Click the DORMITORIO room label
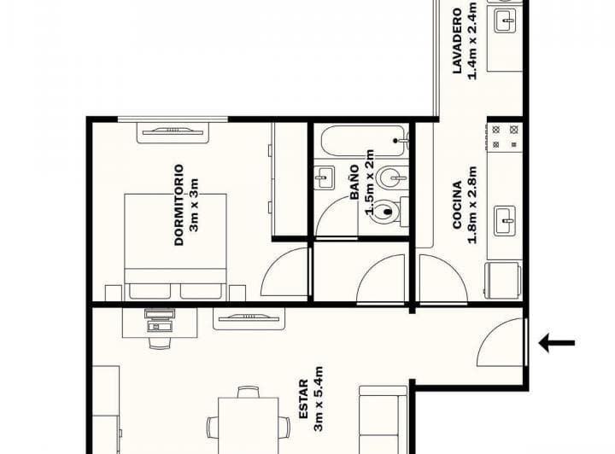pyautogui.click(x=179, y=205)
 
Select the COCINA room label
pyautogui.click(x=457, y=205)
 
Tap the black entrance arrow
pyautogui.click(x=556, y=344)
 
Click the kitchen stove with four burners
pyautogui.click(x=504, y=136)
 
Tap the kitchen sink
pyautogui.click(x=506, y=220)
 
